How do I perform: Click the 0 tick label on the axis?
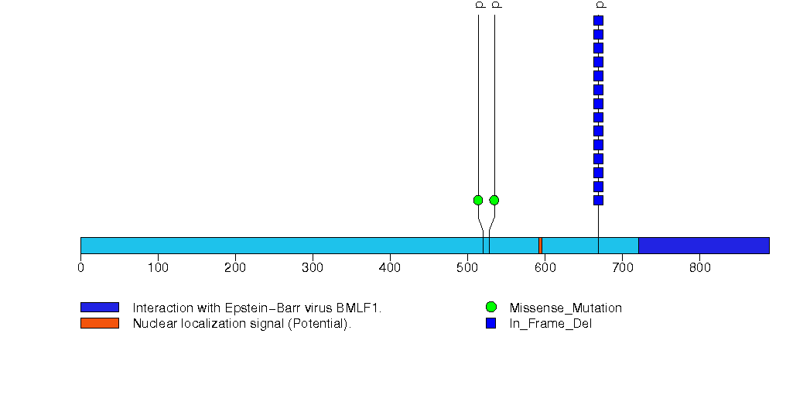(x=80, y=268)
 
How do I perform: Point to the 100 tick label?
(x=158, y=268)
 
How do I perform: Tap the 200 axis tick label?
(x=235, y=268)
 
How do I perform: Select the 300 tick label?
(x=313, y=268)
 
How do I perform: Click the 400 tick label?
(x=390, y=268)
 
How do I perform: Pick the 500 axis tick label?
(x=467, y=268)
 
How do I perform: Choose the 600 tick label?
(x=545, y=268)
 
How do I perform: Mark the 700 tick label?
(x=622, y=268)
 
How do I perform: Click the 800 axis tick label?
(x=699, y=268)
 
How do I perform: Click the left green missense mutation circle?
(x=478, y=200)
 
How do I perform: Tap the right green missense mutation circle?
(x=494, y=200)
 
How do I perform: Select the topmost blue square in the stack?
(x=598, y=20)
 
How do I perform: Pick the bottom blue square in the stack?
(x=598, y=200)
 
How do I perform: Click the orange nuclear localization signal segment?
(x=540, y=245)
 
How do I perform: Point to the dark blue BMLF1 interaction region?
(x=703, y=245)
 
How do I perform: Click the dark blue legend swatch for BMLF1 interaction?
(x=99, y=308)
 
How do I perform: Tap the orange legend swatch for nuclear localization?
(x=99, y=323)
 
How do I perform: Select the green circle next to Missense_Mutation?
(x=490, y=308)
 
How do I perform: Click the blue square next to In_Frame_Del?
(x=490, y=323)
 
